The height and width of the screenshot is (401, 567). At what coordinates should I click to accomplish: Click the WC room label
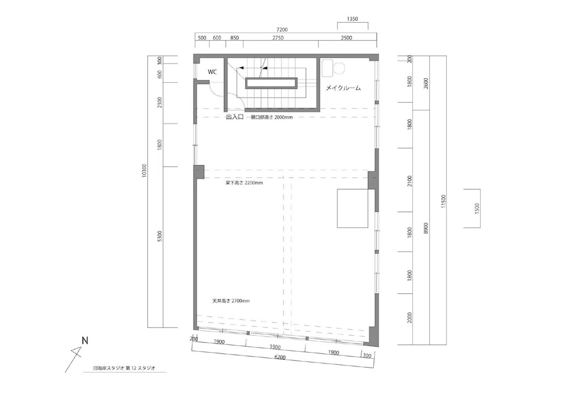(212, 72)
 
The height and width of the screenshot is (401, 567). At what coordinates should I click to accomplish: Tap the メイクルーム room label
(343, 88)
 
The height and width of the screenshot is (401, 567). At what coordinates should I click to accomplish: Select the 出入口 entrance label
(235, 117)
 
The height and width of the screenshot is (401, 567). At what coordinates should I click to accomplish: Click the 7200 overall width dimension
(282, 29)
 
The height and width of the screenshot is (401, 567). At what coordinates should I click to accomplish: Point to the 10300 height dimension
(144, 171)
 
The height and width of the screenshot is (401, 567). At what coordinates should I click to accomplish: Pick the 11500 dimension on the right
(444, 201)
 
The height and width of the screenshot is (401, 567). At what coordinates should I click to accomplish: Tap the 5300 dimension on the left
(160, 237)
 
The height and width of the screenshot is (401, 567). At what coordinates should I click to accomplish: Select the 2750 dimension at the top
(278, 37)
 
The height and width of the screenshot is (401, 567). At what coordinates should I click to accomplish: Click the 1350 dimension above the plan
(352, 19)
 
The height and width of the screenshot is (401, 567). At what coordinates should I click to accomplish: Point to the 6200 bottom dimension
(280, 357)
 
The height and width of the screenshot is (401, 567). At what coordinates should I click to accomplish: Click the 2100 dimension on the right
(409, 181)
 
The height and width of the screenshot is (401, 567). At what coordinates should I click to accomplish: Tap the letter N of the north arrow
(85, 341)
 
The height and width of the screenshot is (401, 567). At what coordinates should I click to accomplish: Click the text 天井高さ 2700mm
(231, 301)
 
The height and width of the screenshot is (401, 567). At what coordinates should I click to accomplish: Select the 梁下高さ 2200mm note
(244, 183)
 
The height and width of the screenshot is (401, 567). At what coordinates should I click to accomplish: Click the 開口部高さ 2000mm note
(272, 117)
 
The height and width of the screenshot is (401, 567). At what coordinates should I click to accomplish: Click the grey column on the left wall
(199, 171)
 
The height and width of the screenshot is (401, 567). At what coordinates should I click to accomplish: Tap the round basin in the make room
(340, 68)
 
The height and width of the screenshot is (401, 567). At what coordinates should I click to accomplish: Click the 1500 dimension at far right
(477, 208)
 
